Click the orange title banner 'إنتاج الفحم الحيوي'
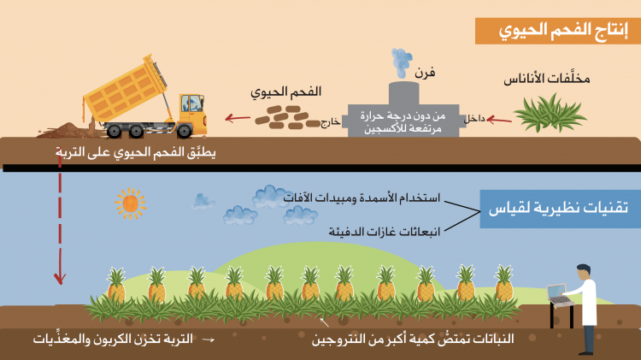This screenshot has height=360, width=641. coord(557,31)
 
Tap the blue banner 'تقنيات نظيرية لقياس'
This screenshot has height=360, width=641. coord(560,209)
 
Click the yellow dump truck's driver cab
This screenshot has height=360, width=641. coord(192,109)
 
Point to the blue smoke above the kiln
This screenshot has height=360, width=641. coord(401,62)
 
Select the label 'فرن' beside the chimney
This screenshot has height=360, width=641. coord(425,74)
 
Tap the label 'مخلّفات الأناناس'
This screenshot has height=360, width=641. coord(547,78)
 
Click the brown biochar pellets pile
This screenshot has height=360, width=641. coord(287,117)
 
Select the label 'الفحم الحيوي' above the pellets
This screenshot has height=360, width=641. coord(285,92)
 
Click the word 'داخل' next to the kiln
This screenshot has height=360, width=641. coord(474,119)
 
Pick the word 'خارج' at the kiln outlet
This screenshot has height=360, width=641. coord(330,122)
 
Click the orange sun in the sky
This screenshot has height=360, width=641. coord(131,204)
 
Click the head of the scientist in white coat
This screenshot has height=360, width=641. coord(584,271)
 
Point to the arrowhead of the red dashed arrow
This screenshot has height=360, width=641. coord(60,279)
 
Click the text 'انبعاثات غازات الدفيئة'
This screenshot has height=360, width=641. coord(385,232)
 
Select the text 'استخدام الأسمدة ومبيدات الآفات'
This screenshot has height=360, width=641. coord(362,198)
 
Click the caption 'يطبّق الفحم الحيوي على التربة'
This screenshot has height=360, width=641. coord(136,152)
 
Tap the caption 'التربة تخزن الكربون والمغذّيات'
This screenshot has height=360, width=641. coord(113,339)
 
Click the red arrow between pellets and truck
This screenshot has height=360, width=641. coord(238,118)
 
